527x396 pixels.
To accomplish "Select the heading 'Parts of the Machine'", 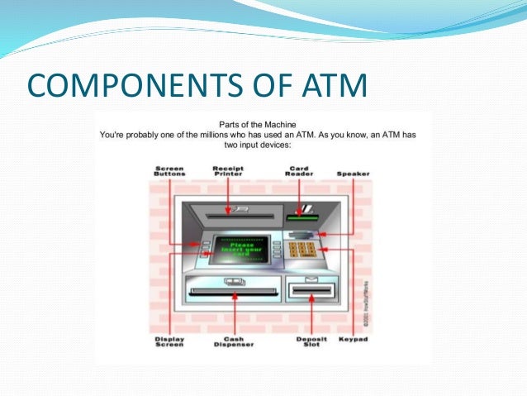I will (x=263, y=122).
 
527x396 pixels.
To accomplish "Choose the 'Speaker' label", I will (x=353, y=174).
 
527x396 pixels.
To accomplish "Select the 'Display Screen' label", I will (x=170, y=342).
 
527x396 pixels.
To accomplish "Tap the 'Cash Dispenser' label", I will (x=233, y=342).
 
